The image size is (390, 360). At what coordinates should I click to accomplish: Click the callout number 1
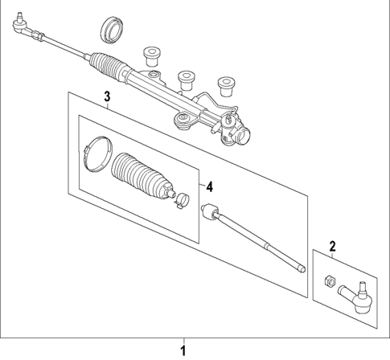pos(184,350)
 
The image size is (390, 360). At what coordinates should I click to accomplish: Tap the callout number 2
pos(332,245)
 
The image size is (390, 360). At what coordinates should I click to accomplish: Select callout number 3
pos(106,98)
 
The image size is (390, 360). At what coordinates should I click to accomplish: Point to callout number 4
pos(209,186)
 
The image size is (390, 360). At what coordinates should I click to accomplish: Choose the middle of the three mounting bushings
pos(187,78)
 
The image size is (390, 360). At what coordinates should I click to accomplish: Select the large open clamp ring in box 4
pos(96,153)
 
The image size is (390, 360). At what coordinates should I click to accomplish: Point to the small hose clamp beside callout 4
pos(183,200)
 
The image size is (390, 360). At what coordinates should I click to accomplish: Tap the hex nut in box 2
pos(328,280)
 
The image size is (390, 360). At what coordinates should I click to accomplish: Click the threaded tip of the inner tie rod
pos(301,268)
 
